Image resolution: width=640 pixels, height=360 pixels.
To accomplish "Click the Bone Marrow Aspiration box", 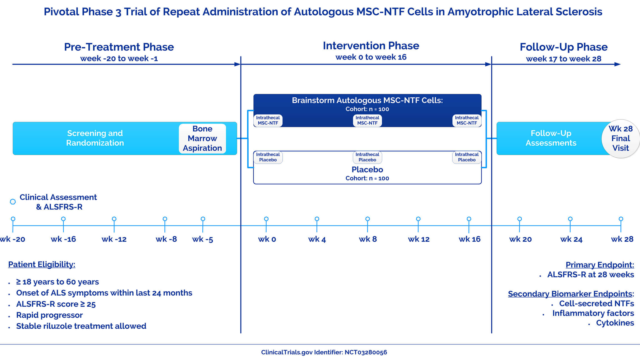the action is point(202,138).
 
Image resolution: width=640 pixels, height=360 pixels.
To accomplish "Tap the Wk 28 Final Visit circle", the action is point(621,139).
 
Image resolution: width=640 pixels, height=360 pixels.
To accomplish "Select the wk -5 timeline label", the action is point(202,239).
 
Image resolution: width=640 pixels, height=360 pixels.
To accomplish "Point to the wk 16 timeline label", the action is point(469,239).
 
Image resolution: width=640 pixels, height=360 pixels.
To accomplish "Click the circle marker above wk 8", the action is point(367,219).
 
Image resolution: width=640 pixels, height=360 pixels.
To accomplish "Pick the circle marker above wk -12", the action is point(114,219).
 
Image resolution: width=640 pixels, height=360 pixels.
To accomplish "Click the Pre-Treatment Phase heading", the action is point(119,47).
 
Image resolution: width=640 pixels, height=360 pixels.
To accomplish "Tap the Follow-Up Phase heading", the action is point(564,47).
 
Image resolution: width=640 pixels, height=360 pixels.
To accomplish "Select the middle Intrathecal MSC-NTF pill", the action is point(367,121).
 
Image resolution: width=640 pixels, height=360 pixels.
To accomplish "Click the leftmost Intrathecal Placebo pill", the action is point(268,157).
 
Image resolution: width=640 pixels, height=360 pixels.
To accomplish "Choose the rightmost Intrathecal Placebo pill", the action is point(467,157).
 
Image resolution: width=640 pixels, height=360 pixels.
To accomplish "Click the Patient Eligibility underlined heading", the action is point(42,264).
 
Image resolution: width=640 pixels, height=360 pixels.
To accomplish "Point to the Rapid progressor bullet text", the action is point(49,315).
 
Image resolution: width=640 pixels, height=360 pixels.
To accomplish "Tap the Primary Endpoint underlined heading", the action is point(600,265).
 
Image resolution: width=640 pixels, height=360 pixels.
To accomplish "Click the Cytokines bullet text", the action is point(615,323).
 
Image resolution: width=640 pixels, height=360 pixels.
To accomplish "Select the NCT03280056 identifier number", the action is point(366,352).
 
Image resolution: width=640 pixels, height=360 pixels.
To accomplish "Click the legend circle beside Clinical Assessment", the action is point(13,202).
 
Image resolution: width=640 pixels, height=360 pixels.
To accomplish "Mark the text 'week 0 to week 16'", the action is point(371,57).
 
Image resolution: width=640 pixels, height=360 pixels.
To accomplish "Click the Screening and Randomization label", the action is point(95,138).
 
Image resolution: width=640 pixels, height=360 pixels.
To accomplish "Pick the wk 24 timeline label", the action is point(571,239).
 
